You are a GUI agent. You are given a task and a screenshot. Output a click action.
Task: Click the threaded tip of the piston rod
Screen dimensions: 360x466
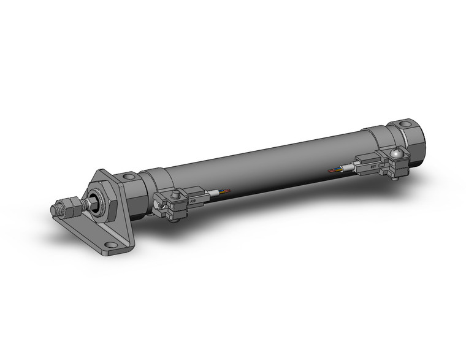[53, 210]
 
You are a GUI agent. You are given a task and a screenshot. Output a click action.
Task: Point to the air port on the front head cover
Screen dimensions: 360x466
[128, 178]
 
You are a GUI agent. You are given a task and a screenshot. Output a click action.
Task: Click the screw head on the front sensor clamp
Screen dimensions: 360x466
[176, 194]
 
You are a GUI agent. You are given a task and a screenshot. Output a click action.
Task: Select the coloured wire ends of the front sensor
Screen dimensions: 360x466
[225, 192]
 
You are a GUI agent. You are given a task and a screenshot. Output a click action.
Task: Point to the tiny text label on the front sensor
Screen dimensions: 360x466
[191, 199]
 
